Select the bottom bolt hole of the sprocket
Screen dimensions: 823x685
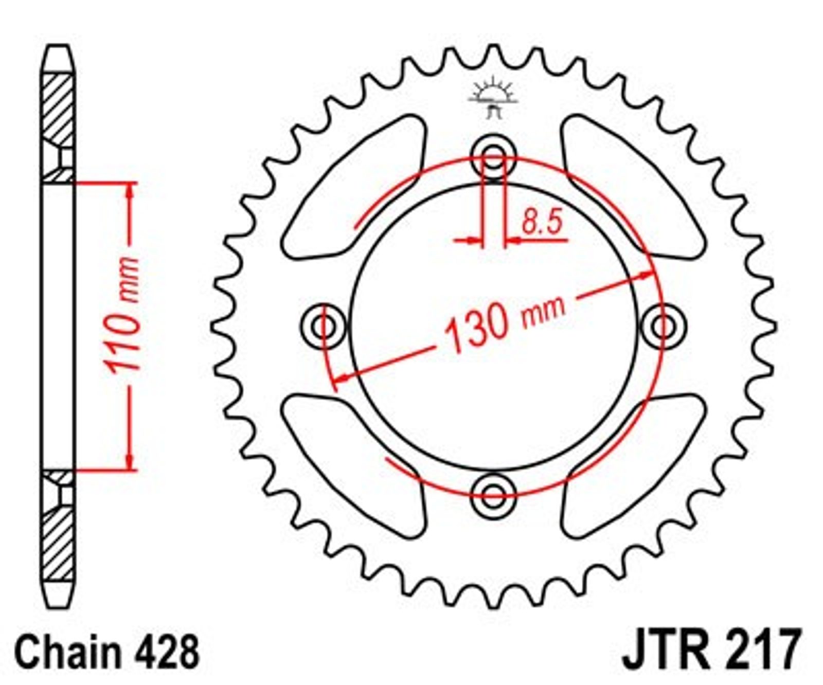click(493, 496)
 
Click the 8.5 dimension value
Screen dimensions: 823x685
click(542, 222)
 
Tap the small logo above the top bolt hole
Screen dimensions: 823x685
click(493, 98)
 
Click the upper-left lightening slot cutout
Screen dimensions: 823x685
click(354, 187)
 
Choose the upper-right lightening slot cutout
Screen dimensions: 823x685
click(633, 187)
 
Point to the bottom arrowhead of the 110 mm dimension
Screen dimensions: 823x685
click(130, 461)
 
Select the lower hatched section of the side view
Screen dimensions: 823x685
click(58, 525)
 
